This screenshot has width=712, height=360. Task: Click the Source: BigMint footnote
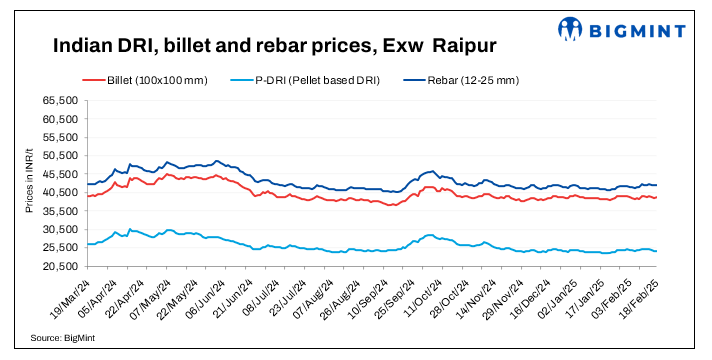(63, 339)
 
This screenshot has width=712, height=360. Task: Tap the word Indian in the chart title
(83, 47)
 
